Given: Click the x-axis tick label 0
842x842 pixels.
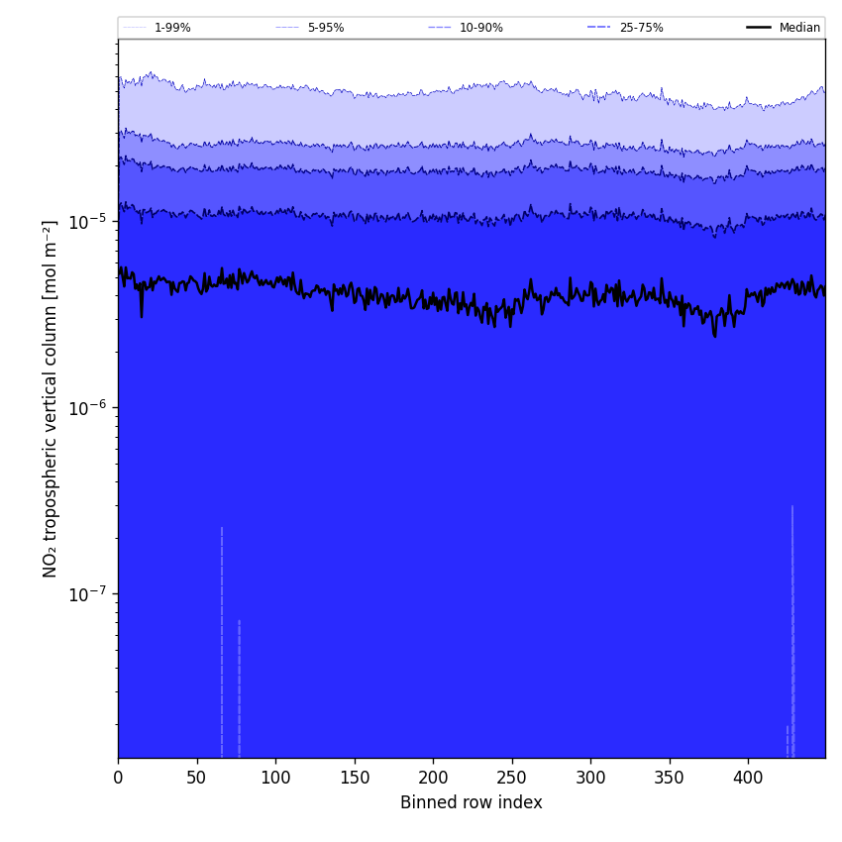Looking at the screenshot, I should [118, 777].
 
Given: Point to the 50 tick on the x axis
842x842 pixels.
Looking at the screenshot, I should [196, 777].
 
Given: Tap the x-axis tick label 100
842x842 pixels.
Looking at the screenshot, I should [275, 777].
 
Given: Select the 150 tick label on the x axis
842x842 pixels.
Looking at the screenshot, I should [354, 777].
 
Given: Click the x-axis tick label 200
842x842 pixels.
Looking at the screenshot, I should [433, 777].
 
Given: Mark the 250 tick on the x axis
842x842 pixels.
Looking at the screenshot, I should [511, 777].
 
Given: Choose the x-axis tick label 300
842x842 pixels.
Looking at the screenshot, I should [590, 777].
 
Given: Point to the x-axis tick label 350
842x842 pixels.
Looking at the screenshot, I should [669, 777].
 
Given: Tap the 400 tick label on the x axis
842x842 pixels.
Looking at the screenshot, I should [748, 777].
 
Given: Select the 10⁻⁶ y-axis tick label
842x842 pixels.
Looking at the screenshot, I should [89, 406].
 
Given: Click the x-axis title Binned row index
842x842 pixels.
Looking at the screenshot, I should [471, 802].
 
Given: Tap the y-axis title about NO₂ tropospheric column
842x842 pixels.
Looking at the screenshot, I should [51, 398].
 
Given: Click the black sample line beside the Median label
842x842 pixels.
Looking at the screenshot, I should [759, 28].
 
